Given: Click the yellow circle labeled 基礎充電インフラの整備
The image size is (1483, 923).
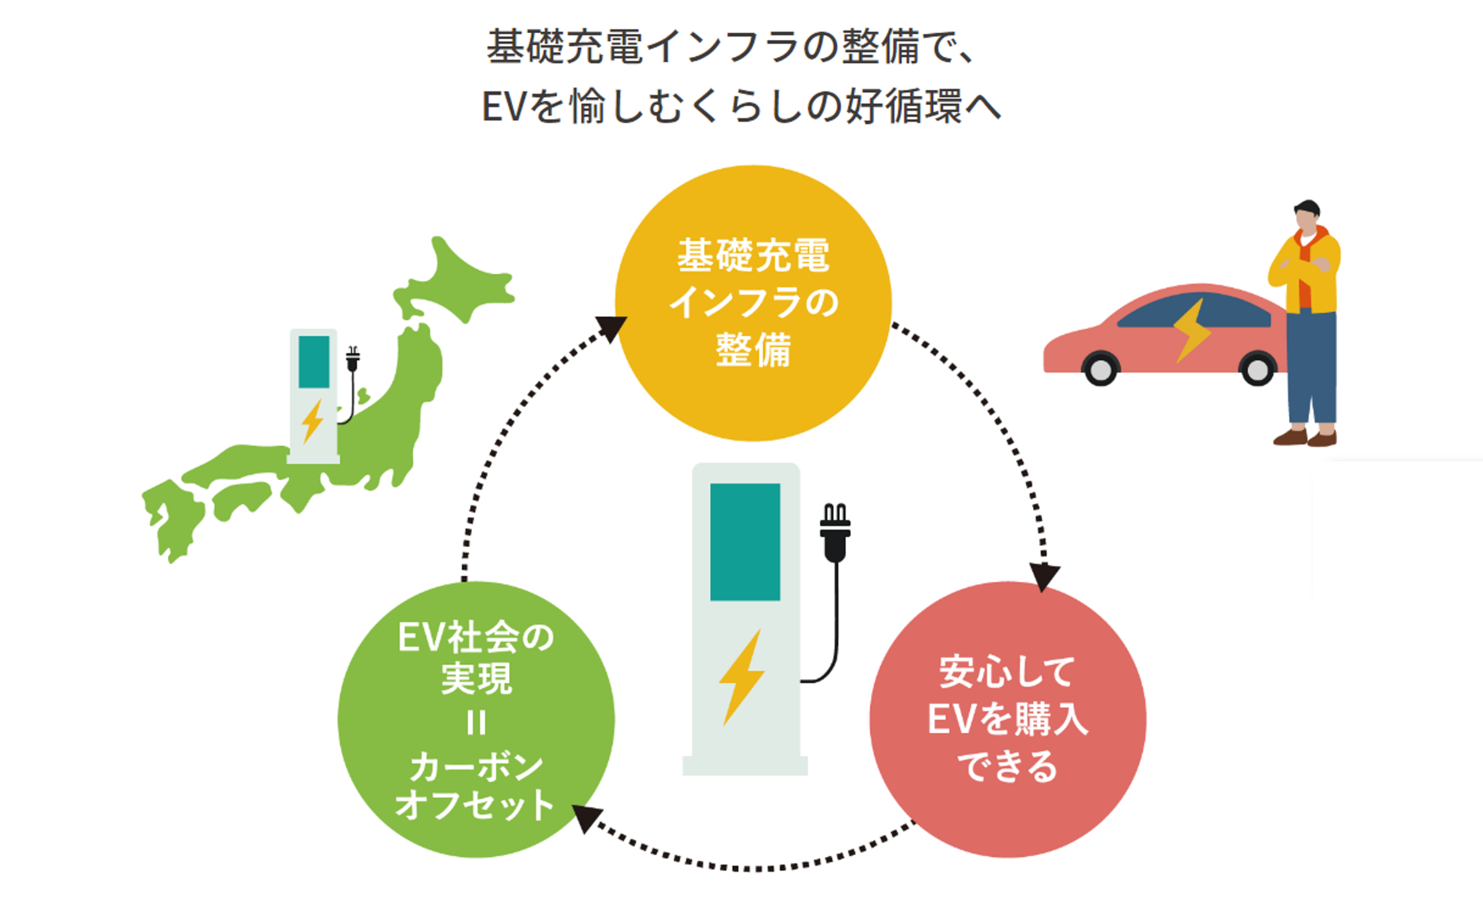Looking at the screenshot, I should [x=753, y=303].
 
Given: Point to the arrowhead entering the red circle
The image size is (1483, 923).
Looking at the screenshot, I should [x=1044, y=576].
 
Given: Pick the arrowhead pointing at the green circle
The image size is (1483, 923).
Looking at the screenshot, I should [x=586, y=818].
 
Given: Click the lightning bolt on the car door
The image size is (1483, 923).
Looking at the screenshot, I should [x=1192, y=330].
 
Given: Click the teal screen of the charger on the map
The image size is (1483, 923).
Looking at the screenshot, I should [x=313, y=361].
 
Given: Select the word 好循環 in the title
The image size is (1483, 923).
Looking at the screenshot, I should [x=903, y=107].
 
